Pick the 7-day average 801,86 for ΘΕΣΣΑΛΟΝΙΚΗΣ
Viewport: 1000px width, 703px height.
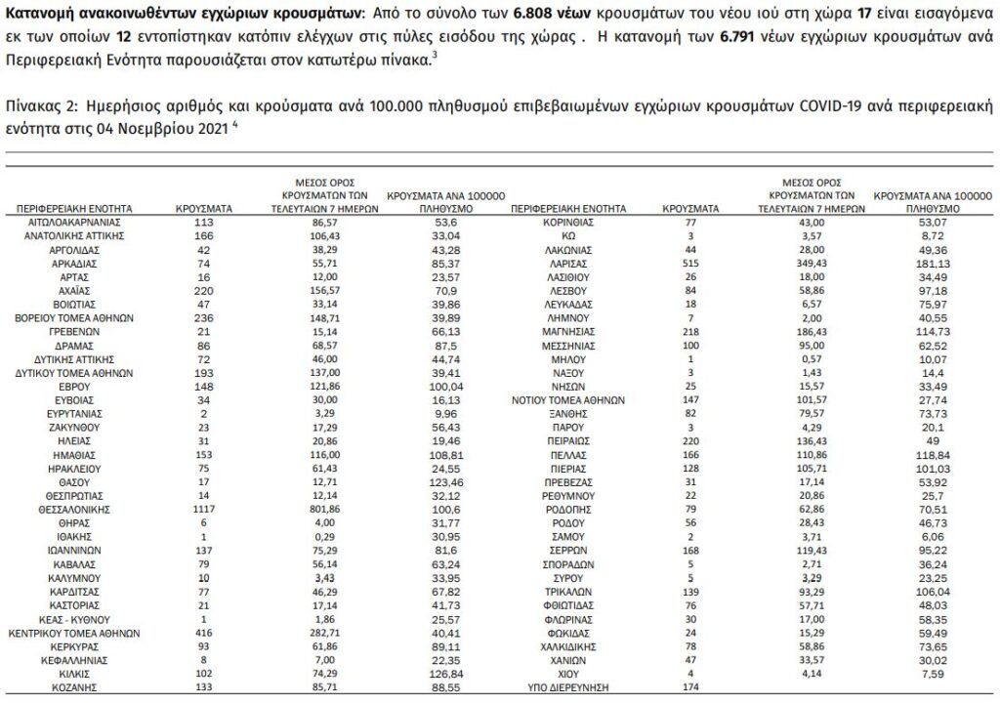323,510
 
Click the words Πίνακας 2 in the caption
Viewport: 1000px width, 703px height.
38,103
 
